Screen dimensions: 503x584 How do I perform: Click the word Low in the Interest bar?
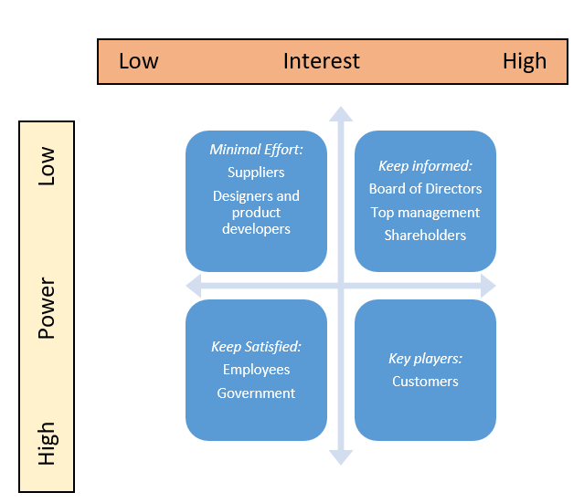tap(139, 61)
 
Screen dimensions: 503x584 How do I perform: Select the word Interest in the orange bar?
tap(322, 61)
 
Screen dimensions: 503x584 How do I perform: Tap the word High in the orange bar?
tap(525, 61)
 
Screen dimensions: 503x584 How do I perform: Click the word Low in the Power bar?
tap(47, 167)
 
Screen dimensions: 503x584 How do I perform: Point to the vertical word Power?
tap(47, 309)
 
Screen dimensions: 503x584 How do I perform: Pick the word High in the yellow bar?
tap(47, 444)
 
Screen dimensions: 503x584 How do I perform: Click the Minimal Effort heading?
tap(256, 149)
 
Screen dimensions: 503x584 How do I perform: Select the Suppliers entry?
tap(256, 172)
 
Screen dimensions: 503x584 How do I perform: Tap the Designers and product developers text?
tap(256, 212)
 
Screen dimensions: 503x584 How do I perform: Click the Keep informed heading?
tap(425, 166)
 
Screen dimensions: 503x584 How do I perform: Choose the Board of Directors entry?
tap(425, 189)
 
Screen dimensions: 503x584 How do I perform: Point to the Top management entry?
tap(425, 212)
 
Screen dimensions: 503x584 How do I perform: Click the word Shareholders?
tap(425, 235)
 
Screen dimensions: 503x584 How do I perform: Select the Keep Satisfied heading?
tap(256, 347)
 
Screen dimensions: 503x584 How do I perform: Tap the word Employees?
tap(256, 370)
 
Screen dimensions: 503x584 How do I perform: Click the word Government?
tap(256, 393)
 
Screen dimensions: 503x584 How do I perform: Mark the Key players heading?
tap(425, 358)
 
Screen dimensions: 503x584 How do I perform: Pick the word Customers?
tap(425, 381)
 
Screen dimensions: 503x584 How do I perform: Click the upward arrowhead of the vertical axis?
tap(341, 113)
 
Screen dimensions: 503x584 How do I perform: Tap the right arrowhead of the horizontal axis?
tap(488, 286)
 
